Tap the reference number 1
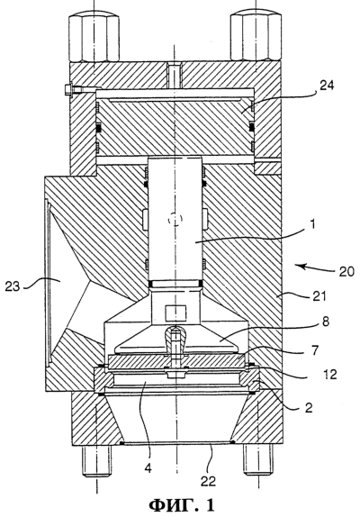(x=312, y=224)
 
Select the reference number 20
(x=346, y=271)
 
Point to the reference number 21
(x=319, y=295)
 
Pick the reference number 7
(x=315, y=350)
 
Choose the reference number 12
(x=330, y=374)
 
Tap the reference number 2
(x=309, y=408)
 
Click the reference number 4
(x=148, y=467)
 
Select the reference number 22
(x=208, y=481)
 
